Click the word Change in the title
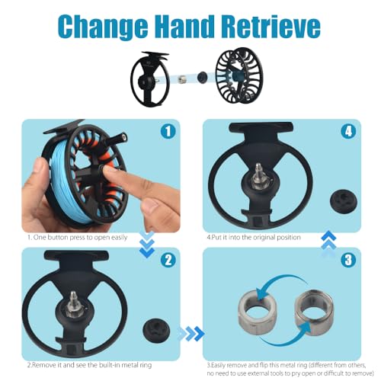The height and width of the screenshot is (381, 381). point(104,27)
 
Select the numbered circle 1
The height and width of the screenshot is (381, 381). point(168,131)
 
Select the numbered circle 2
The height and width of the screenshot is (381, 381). point(168,260)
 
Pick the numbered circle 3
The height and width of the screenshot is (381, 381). point(348,260)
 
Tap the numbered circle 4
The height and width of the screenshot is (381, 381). point(348,131)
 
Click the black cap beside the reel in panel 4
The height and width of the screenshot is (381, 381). point(344,203)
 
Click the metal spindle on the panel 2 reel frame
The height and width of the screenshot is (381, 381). point(74,304)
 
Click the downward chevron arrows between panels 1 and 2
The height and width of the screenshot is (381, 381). point(147,244)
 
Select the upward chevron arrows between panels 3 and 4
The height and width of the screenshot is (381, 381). point(328,244)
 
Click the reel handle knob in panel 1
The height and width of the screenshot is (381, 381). point(119,137)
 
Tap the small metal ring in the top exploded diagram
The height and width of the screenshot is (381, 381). point(181,79)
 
